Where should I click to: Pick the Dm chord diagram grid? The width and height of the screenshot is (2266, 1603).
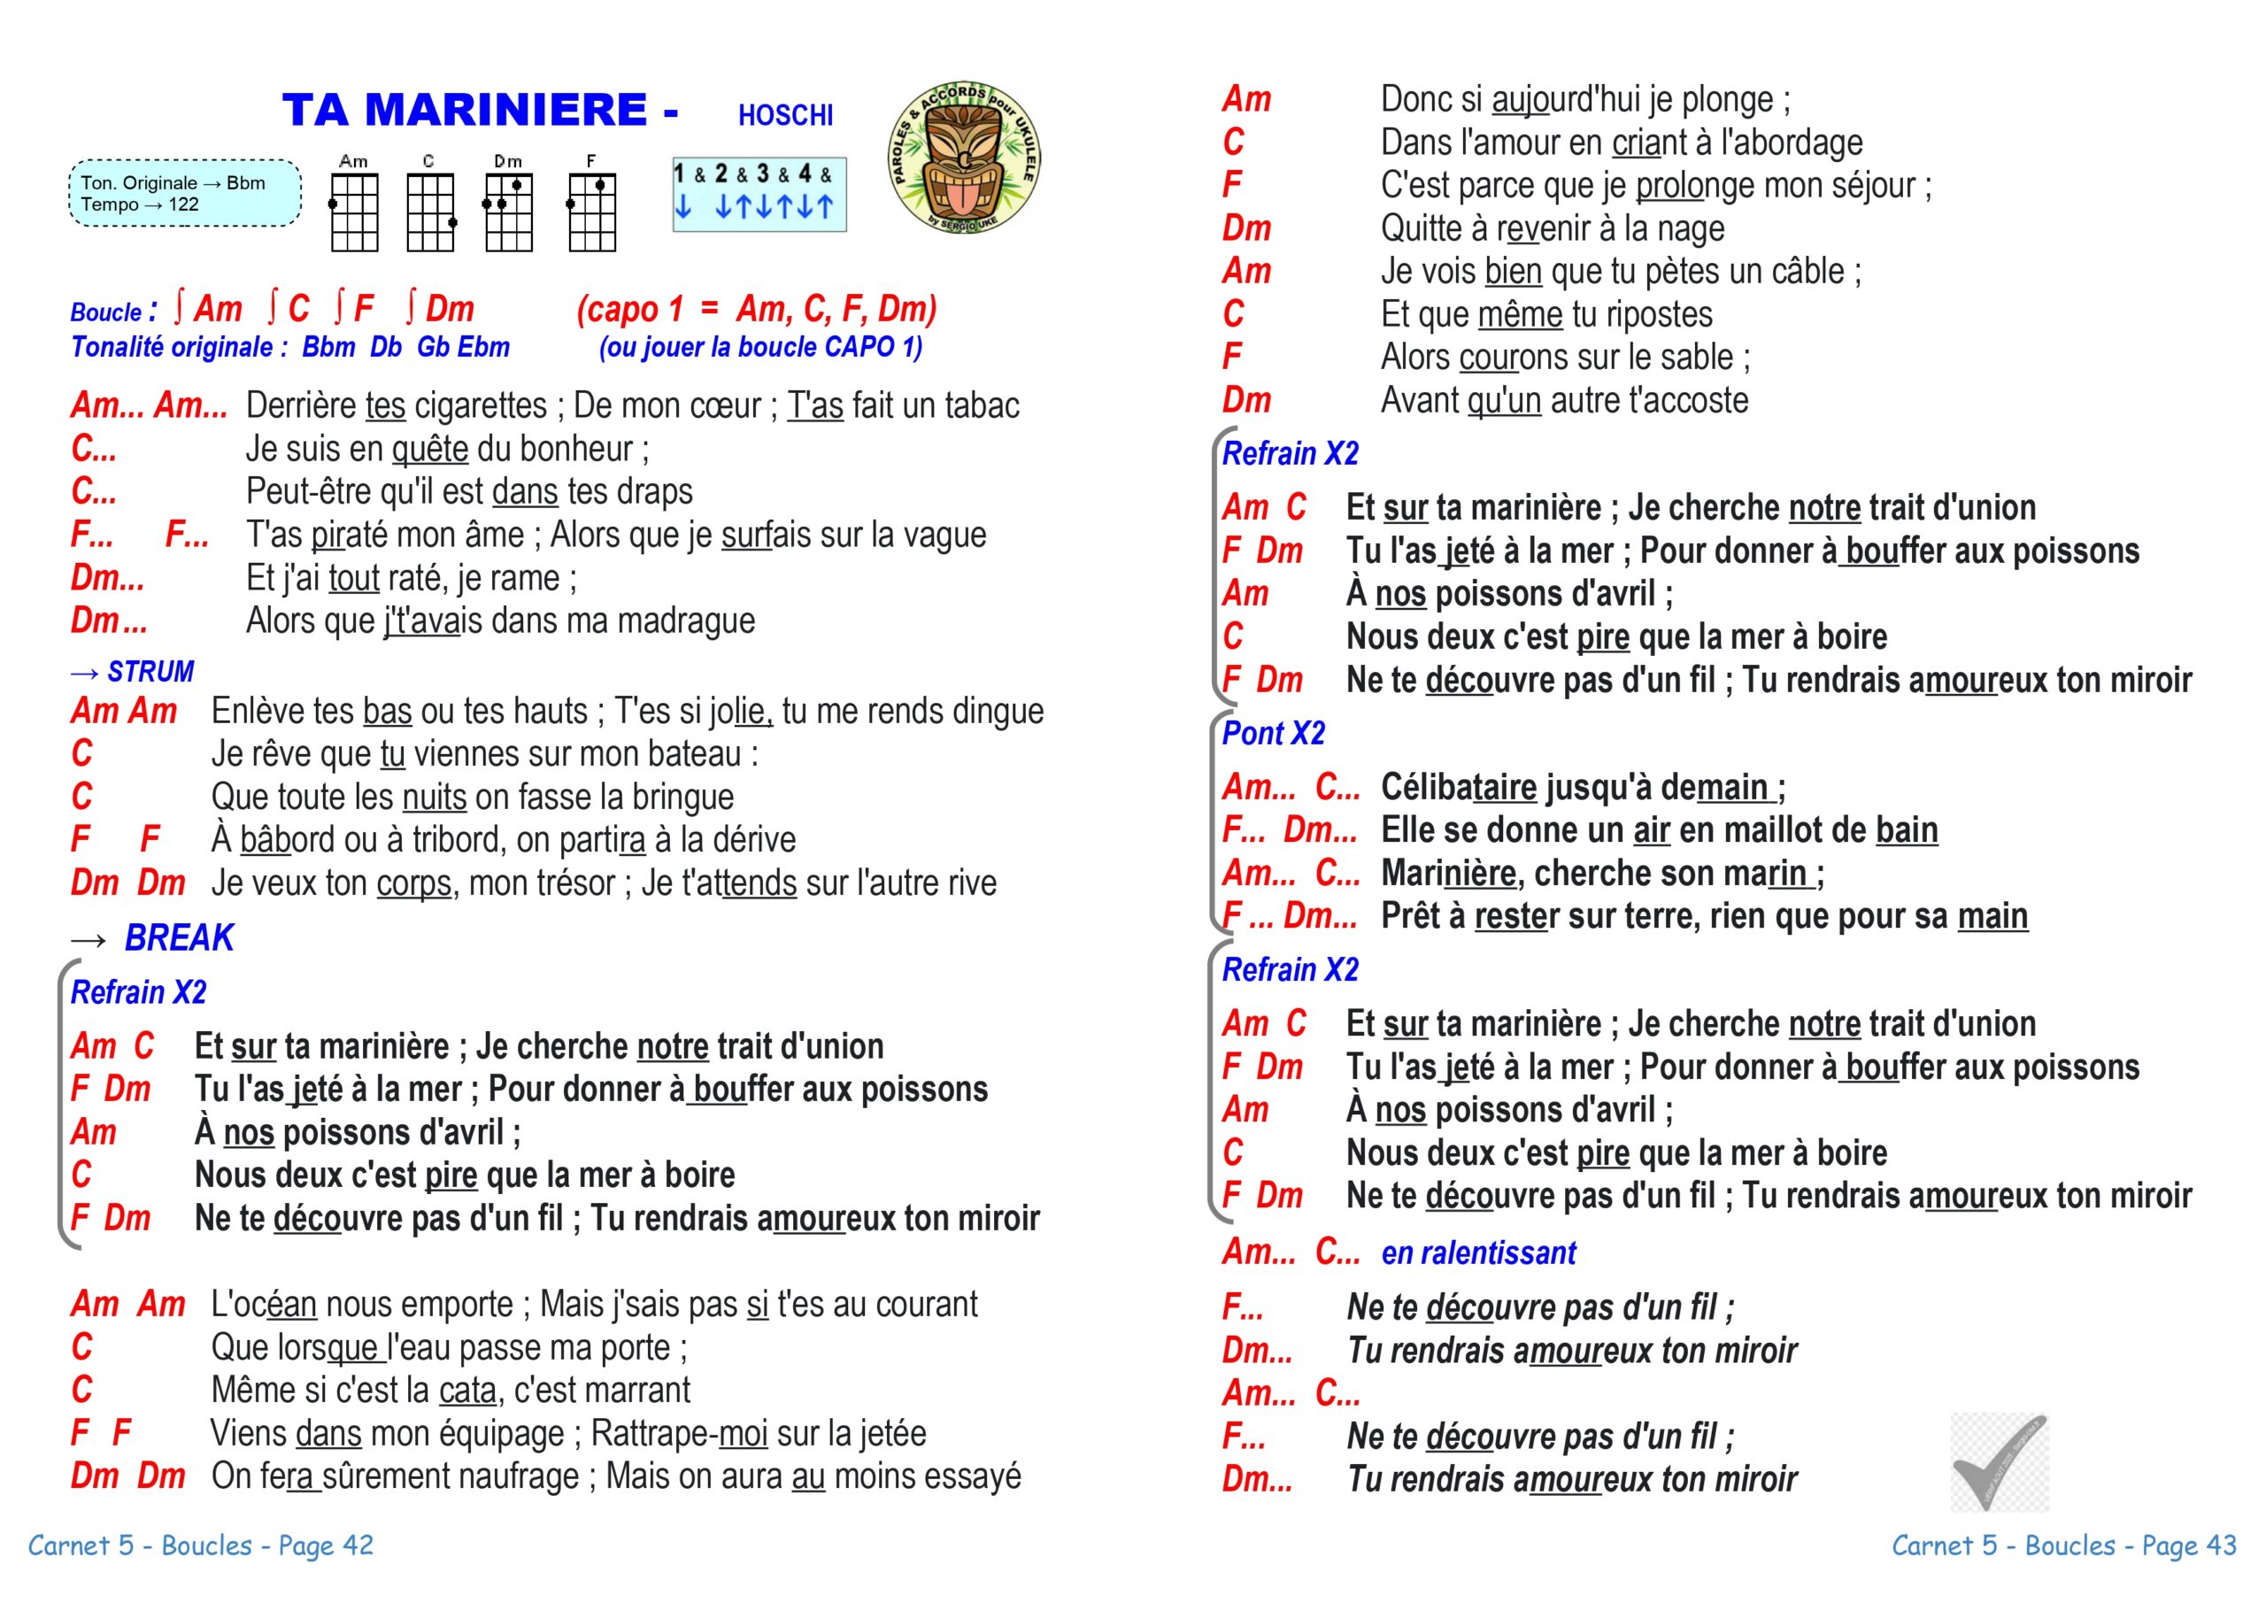(508, 212)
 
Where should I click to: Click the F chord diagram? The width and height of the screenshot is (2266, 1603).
(591, 212)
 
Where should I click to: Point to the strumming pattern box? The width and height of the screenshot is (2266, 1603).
(759, 195)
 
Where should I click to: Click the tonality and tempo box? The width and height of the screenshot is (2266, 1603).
(185, 194)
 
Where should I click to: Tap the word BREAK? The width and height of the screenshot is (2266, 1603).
(179, 937)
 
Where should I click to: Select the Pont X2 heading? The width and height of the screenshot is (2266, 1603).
(1273, 734)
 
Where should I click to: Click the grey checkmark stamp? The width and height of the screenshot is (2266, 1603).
(1999, 1462)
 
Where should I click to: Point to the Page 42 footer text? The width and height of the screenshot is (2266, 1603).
(200, 1545)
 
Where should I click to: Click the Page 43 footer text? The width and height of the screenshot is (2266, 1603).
(2063, 1545)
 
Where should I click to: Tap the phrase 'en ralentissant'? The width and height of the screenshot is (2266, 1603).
(1478, 1253)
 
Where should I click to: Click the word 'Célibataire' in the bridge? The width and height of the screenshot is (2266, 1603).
(1459, 788)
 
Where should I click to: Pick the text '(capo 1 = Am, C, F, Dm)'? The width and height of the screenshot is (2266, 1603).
(757, 310)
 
